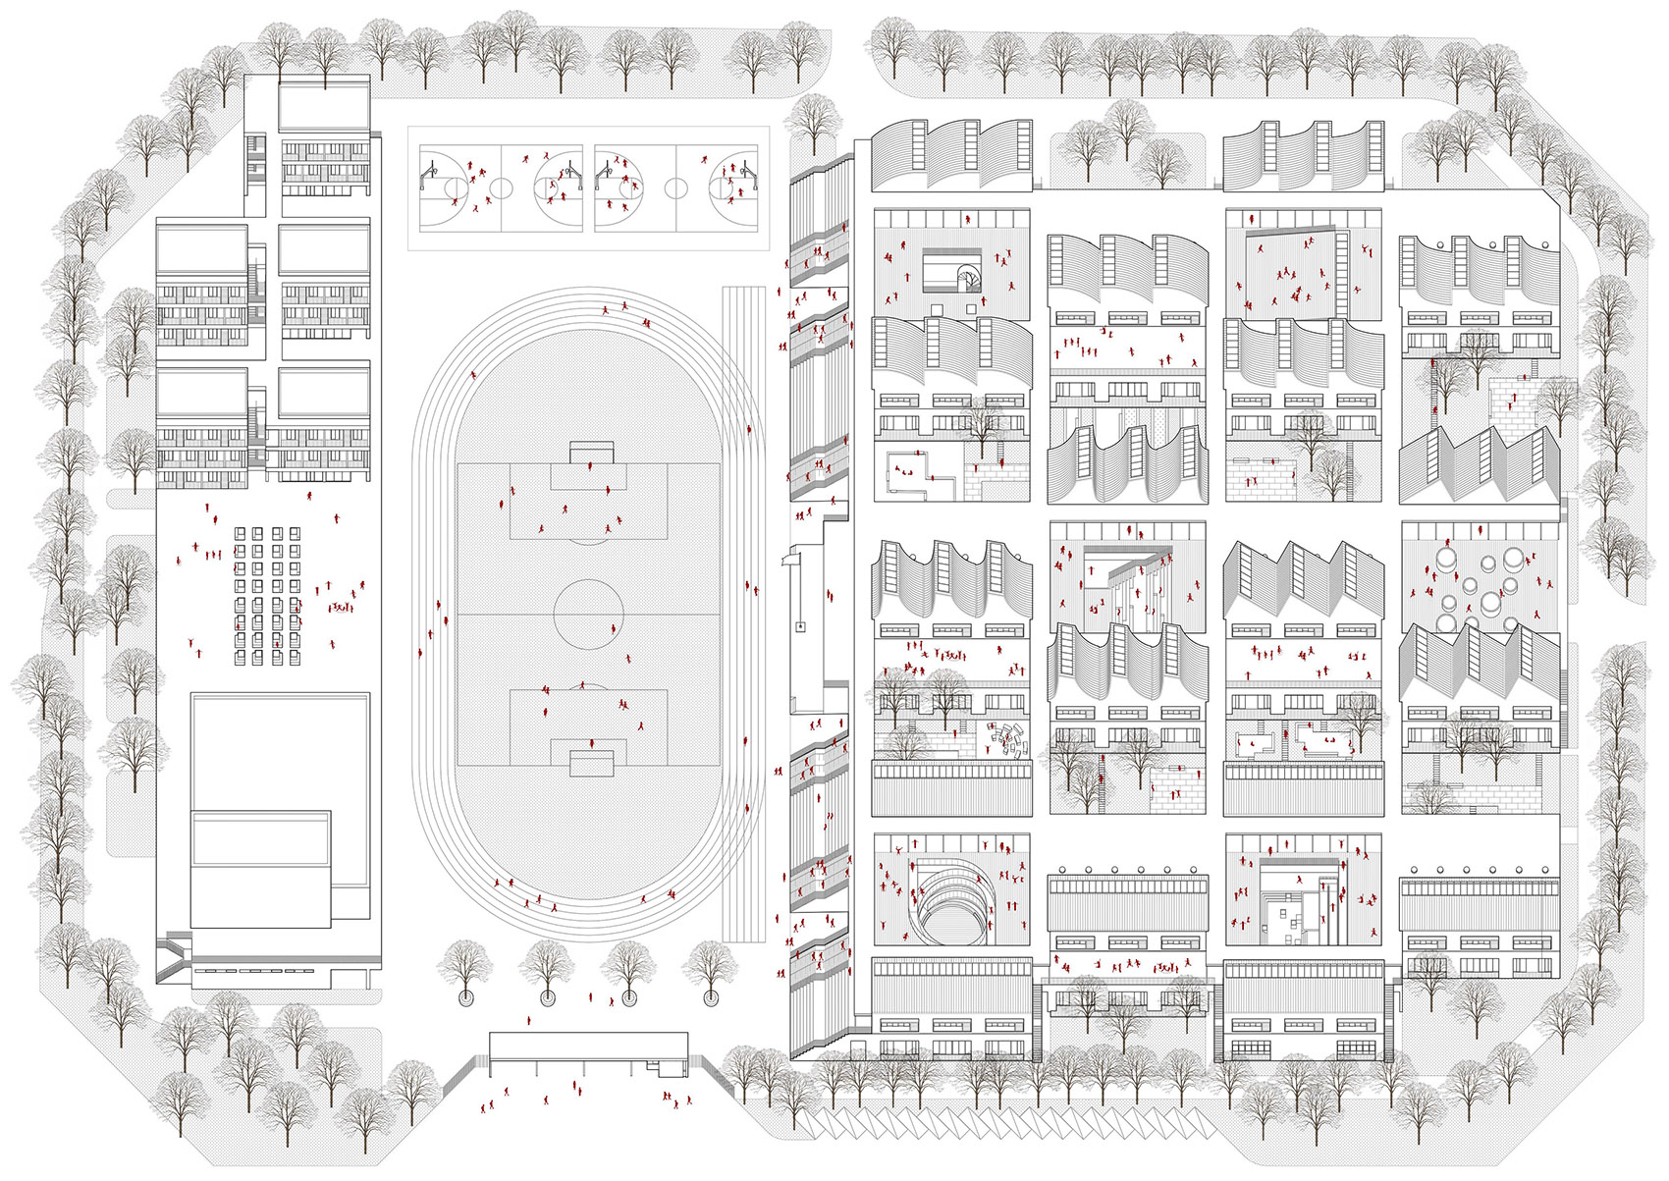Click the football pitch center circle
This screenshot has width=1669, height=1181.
[x=588, y=615]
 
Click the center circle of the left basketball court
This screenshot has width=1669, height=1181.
[x=501, y=188]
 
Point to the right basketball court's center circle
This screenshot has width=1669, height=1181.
[x=675, y=188]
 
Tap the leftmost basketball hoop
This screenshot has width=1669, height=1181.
[x=428, y=178]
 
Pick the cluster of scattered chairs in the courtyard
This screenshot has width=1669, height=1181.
[x=1006, y=738]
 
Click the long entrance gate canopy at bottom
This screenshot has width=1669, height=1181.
[x=588, y=1047]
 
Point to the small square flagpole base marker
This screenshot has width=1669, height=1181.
[x=801, y=625]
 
